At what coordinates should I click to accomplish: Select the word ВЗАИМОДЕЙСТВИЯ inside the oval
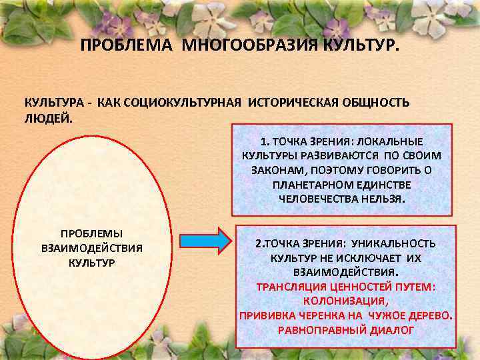point(92,248)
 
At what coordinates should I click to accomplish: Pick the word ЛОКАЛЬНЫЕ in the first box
point(391,141)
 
